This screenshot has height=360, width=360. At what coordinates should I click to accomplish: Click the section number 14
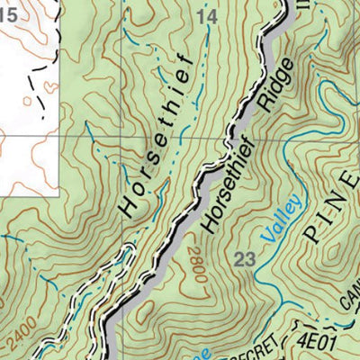[207, 17]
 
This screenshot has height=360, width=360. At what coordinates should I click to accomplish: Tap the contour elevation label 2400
[22, 335]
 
